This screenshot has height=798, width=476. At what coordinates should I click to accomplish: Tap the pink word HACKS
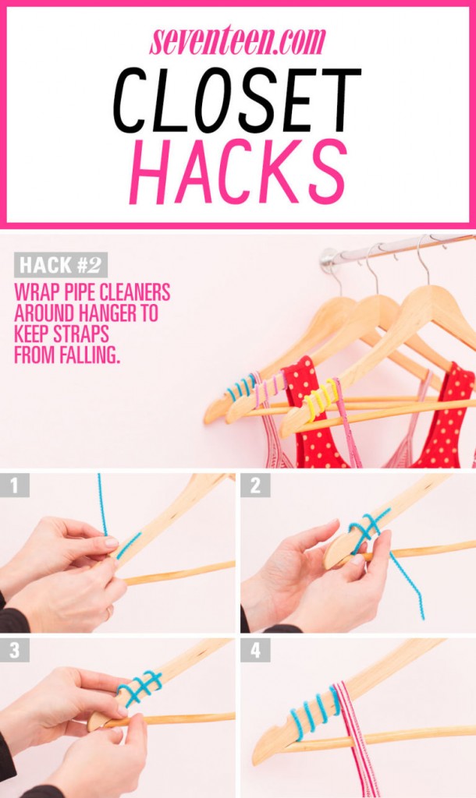tap(239, 171)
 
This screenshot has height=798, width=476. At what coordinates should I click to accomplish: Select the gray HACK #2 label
tap(61, 265)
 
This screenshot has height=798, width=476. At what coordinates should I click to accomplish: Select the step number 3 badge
tap(14, 650)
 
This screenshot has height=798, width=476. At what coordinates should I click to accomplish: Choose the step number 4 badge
tap(255, 650)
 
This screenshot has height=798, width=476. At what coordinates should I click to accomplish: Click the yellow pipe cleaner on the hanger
tap(321, 398)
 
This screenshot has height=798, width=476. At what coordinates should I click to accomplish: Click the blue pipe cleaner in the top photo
tap(240, 387)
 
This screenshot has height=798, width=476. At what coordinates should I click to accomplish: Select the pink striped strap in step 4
tap(357, 738)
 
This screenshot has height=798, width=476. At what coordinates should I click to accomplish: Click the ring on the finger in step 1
tap(108, 613)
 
